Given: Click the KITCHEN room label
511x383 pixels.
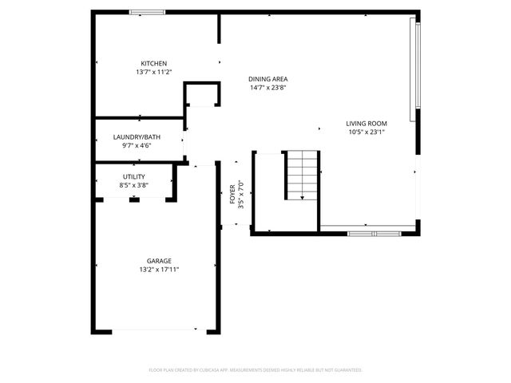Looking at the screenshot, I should tap(153, 64).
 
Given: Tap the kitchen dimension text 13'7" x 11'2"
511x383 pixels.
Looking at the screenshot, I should tap(153, 73).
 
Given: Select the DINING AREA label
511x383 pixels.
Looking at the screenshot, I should tap(267, 79).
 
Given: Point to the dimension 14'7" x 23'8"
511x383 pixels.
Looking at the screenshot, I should tap(267, 88).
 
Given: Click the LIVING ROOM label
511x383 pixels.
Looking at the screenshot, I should tap(366, 124).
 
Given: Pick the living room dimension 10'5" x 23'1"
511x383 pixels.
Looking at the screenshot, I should tap(366, 132).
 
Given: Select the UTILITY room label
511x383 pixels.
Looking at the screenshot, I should tap(133, 176).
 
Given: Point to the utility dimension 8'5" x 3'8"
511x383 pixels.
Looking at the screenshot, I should tap(133, 185).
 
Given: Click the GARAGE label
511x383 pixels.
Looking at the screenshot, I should tap(158, 261).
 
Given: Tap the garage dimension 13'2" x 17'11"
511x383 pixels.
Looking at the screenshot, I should tap(158, 270).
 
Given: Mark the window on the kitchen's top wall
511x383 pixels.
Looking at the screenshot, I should tap(148, 12).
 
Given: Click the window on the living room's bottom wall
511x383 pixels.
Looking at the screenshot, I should tap(374, 233).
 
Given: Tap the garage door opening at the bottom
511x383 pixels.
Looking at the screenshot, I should tap(156, 330).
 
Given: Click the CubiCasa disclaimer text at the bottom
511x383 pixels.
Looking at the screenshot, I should tap(255, 370).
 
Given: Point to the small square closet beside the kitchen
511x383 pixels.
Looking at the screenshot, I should tap(202, 94).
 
